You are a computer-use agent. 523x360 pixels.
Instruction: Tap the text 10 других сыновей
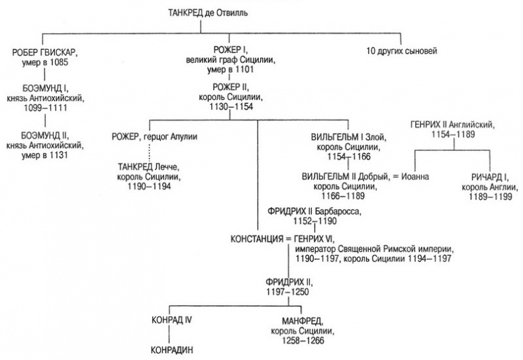403,51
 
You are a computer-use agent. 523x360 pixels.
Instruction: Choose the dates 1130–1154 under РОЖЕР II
230,105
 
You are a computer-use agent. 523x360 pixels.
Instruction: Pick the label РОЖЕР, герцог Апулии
155,137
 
